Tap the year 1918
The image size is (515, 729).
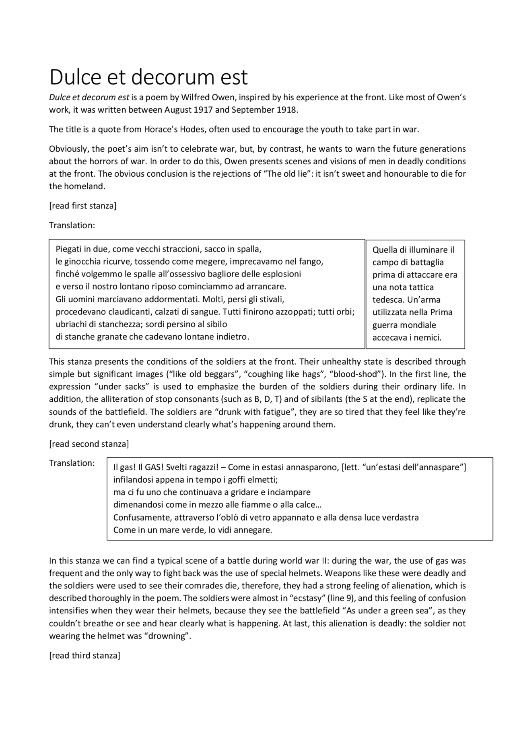(x=287, y=110)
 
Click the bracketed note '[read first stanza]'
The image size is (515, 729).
(x=83, y=206)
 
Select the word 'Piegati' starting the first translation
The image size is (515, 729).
(x=68, y=249)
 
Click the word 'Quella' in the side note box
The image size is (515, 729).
(x=385, y=250)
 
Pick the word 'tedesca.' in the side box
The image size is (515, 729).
(x=388, y=300)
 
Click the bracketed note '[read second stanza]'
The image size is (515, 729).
(x=89, y=444)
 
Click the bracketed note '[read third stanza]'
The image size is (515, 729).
(x=84, y=655)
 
